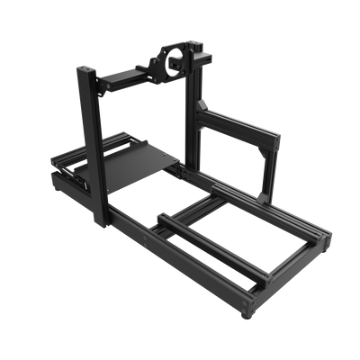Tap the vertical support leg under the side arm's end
click(262, 171)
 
